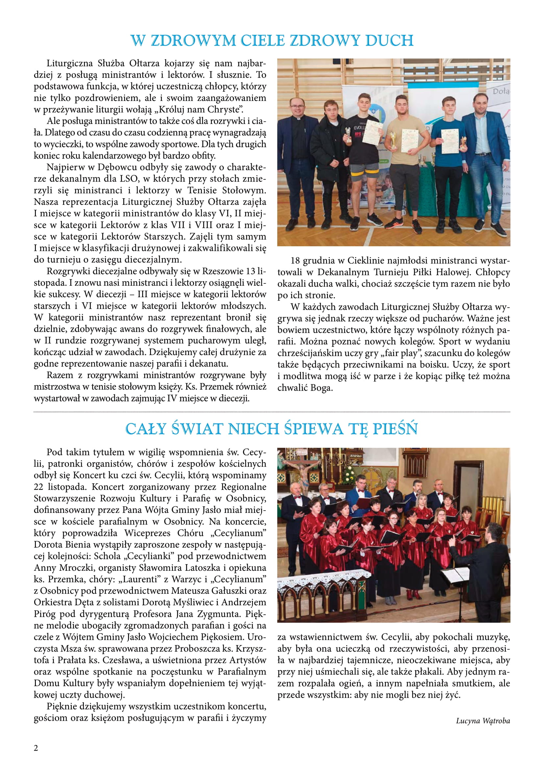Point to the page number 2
(36, 748)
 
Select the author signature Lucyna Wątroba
(483, 721)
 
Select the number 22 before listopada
(39, 487)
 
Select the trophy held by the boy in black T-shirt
(348, 135)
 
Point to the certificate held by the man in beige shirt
(409, 141)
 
